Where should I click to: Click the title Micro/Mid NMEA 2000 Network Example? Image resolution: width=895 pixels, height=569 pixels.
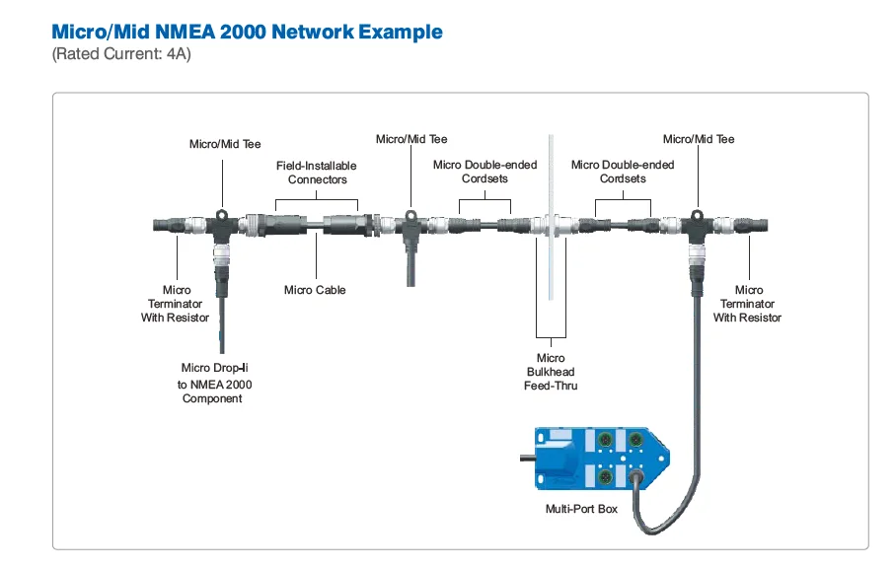pyautogui.click(x=247, y=32)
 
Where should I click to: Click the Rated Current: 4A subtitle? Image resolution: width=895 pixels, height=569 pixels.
pyautogui.click(x=120, y=54)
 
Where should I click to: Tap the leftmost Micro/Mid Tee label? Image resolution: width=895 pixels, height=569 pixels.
pyautogui.click(x=225, y=144)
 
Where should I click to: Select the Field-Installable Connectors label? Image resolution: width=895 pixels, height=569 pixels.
pyautogui.click(x=317, y=173)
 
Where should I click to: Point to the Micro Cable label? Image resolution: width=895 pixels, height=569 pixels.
pyautogui.click(x=315, y=290)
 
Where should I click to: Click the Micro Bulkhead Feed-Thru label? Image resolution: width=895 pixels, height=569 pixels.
pyautogui.click(x=551, y=372)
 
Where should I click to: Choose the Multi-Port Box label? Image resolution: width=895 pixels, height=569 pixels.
pyautogui.click(x=581, y=509)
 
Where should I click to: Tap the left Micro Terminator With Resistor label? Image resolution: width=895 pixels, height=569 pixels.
pyautogui.click(x=177, y=304)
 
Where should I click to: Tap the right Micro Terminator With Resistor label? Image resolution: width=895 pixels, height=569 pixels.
pyautogui.click(x=748, y=304)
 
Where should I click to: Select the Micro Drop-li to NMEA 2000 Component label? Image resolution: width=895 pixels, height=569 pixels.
pyautogui.click(x=211, y=383)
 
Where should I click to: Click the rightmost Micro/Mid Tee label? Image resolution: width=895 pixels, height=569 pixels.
pyautogui.click(x=699, y=139)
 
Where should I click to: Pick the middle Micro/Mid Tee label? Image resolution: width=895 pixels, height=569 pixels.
pyautogui.click(x=411, y=139)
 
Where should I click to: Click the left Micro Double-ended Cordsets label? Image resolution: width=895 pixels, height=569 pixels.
pyautogui.click(x=485, y=172)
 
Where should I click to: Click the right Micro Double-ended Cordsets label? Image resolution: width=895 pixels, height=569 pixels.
pyautogui.click(x=623, y=172)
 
